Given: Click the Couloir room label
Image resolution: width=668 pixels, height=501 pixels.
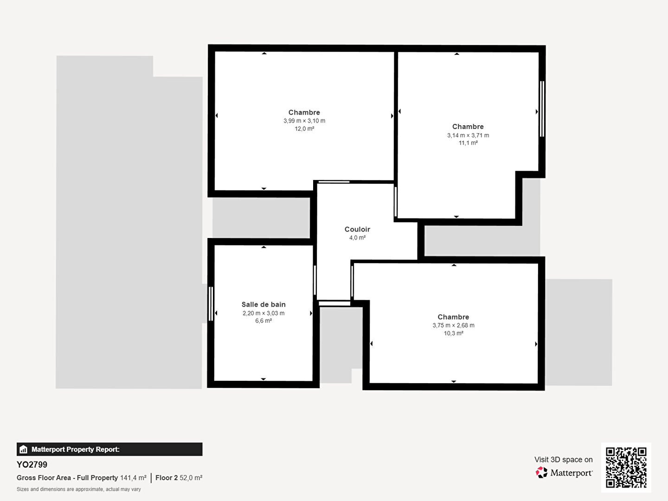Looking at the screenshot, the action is [x=357, y=229].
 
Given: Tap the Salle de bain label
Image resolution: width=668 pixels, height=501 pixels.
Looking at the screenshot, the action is [x=263, y=304].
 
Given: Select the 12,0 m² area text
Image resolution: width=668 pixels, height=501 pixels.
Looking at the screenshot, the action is [x=304, y=128].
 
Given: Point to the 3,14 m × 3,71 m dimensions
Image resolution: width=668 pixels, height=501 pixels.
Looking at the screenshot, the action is [x=468, y=135].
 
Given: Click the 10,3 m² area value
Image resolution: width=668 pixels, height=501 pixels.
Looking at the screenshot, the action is [x=453, y=333].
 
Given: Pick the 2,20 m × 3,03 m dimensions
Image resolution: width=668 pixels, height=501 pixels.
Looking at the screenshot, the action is [x=263, y=313].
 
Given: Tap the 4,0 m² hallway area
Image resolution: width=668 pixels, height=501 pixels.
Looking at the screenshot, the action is [x=357, y=238].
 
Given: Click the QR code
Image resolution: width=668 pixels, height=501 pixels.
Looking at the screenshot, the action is [x=626, y=467].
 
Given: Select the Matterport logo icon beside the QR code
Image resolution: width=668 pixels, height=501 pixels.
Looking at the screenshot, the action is [x=541, y=472].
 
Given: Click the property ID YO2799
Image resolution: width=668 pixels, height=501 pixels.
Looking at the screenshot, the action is [x=32, y=464].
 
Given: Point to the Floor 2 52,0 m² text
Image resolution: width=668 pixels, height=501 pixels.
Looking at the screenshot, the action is [x=179, y=478].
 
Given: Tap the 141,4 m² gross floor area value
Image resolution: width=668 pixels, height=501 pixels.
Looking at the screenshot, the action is [x=133, y=478].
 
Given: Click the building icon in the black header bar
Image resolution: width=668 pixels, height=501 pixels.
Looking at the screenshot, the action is [x=24, y=450].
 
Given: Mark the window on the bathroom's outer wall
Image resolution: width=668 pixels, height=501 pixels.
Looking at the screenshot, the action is [x=211, y=303].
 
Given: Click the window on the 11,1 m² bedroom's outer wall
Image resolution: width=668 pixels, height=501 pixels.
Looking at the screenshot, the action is [x=542, y=109].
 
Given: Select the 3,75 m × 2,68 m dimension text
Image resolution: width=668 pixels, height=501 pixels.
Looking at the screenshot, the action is [x=453, y=325].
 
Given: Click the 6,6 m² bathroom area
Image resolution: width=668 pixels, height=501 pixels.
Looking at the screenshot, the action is [x=263, y=321].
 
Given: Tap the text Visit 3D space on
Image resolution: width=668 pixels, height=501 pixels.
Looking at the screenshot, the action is [x=563, y=460].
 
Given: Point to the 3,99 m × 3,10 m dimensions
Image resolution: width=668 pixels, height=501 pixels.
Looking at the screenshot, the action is [x=304, y=121].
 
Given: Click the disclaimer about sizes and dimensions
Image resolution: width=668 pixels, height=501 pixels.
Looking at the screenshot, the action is [x=79, y=489].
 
